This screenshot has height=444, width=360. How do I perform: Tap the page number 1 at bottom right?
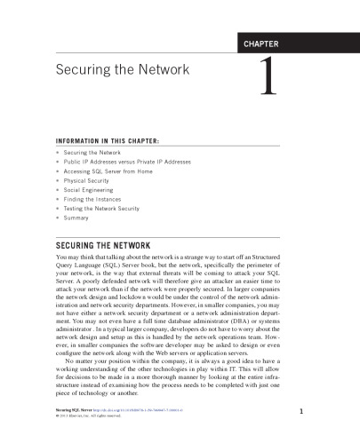[x=302, y=410]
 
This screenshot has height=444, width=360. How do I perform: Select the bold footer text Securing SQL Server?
[x=76, y=410]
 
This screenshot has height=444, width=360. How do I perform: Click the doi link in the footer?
[x=142, y=410]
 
